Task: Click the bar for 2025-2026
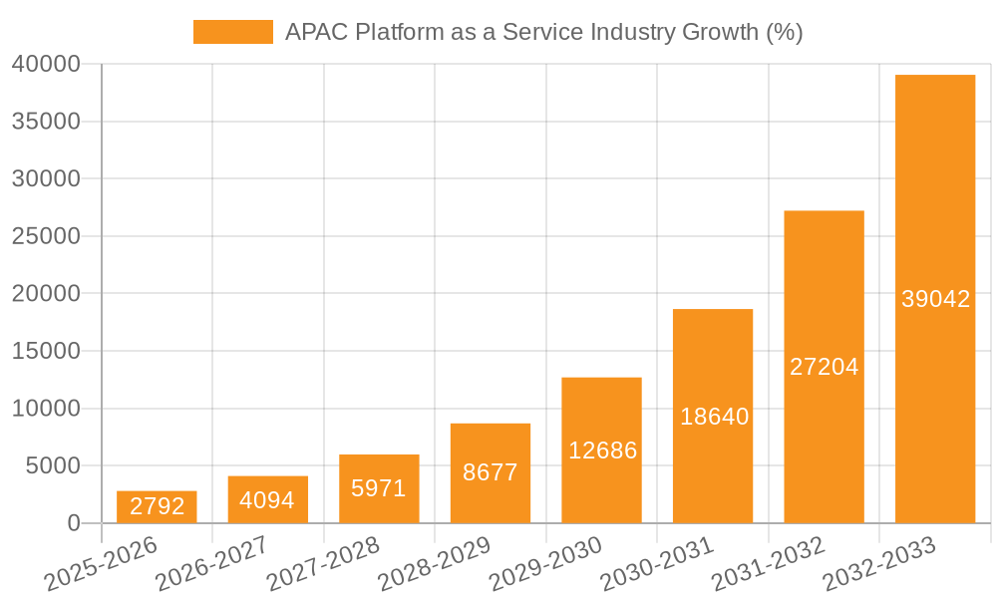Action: coord(157,507)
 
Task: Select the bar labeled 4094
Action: coord(268,499)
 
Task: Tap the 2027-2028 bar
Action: coord(379,488)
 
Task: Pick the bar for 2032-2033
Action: coord(935,299)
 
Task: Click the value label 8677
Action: coord(491,472)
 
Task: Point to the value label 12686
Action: coord(602,450)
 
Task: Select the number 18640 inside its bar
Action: coord(714,417)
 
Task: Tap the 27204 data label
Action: coord(825,367)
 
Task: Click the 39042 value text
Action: coord(935,299)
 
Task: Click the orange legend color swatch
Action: coord(232,32)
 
